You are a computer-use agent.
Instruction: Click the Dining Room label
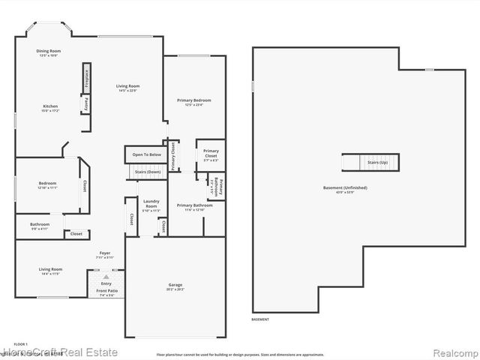pyautogui.click(x=47, y=52)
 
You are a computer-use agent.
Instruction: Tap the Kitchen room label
pyautogui.click(x=50, y=108)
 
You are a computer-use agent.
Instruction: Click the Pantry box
pyautogui.click(x=87, y=103)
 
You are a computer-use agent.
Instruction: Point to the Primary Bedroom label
pyautogui.click(x=193, y=101)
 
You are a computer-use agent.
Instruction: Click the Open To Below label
pyautogui.click(x=147, y=154)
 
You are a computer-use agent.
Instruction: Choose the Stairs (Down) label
pyautogui.click(x=147, y=172)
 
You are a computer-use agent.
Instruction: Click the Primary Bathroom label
pyautogui.click(x=195, y=206)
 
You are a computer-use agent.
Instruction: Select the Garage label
pyautogui.click(x=175, y=286)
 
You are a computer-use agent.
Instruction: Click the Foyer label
pyautogui.click(x=105, y=254)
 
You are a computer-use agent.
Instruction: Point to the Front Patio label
pyautogui.click(x=106, y=293)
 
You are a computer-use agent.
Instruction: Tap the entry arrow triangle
pyautogui.click(x=106, y=277)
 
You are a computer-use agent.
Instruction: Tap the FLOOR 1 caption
pyautogui.click(x=21, y=344)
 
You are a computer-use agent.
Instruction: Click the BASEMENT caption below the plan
pyautogui.click(x=260, y=319)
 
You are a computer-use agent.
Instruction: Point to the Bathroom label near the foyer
pyautogui.click(x=40, y=225)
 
